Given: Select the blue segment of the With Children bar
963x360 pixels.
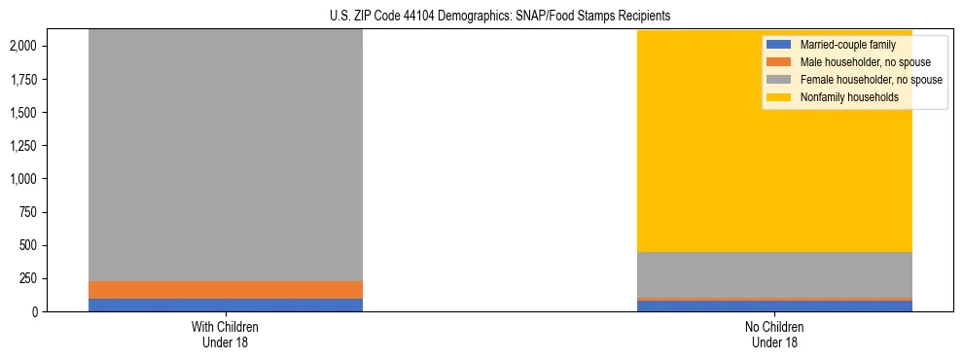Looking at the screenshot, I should (x=225, y=305).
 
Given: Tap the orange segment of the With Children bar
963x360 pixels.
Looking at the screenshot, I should (x=225, y=289).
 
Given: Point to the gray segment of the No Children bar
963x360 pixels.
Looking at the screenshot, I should (x=774, y=274).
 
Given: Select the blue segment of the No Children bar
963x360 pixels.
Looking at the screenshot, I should (x=774, y=306).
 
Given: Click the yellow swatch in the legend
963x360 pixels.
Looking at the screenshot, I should (x=779, y=97).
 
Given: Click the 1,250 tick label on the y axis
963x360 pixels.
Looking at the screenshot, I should (x=23, y=146).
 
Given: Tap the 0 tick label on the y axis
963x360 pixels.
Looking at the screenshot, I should (x=34, y=311).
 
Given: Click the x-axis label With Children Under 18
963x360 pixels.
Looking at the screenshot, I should (x=225, y=334).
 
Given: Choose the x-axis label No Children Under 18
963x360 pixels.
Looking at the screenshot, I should (x=774, y=334).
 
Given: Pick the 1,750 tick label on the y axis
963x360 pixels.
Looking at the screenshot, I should (x=23, y=79).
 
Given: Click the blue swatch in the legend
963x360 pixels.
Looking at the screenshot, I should (x=779, y=45).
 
